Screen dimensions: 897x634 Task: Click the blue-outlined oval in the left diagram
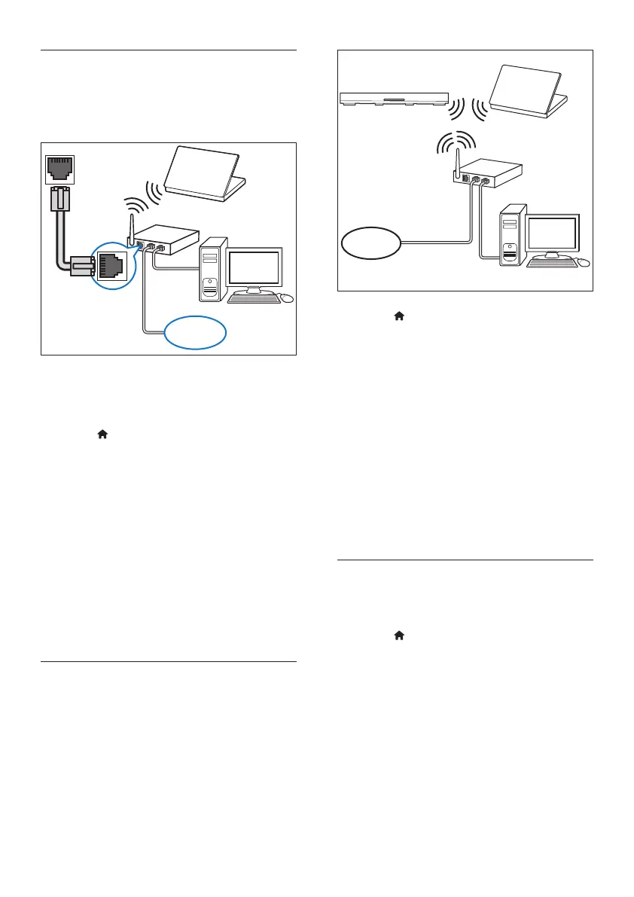coord(194,332)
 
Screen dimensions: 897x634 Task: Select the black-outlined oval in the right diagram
coord(370,243)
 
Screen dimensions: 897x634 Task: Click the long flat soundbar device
coord(394,99)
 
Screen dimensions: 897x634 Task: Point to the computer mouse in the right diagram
coord(583,263)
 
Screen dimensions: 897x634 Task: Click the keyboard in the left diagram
coord(254,297)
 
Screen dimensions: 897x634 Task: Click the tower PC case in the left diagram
coord(213,270)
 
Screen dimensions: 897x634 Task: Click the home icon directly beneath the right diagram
coord(399,317)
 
